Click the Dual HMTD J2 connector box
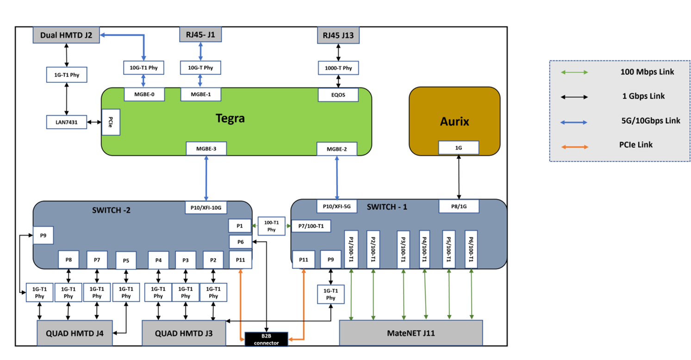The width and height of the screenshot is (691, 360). pyautogui.click(x=66, y=35)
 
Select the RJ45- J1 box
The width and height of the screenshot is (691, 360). pyautogui.click(x=200, y=34)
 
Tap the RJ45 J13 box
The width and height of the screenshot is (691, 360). pyautogui.click(x=338, y=35)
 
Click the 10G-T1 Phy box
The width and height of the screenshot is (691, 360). pyautogui.click(x=143, y=68)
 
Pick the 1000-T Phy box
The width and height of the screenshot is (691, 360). pyautogui.click(x=338, y=68)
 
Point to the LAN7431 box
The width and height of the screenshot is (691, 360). pyautogui.click(x=67, y=122)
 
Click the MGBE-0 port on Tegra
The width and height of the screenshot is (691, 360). pyautogui.click(x=144, y=94)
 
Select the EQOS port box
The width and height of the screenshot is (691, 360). pyautogui.click(x=338, y=95)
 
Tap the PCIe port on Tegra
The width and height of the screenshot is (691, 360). pyautogui.click(x=111, y=122)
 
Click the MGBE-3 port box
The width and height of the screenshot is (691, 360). pyautogui.click(x=206, y=149)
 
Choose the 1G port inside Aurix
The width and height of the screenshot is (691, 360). pyautogui.click(x=459, y=148)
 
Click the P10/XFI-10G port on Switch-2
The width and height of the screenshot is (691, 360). pyautogui.click(x=206, y=208)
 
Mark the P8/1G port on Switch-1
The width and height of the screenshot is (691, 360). pyautogui.click(x=459, y=206)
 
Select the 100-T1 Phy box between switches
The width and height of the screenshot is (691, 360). pyautogui.click(x=272, y=226)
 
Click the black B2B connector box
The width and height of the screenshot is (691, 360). pyautogui.click(x=266, y=339)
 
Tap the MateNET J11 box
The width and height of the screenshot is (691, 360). pyautogui.click(x=411, y=333)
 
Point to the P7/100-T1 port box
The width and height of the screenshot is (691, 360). pyautogui.click(x=311, y=226)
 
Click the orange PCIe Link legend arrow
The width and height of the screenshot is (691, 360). pyautogui.click(x=575, y=147)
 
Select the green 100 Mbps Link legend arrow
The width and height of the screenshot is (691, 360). pyautogui.click(x=574, y=73)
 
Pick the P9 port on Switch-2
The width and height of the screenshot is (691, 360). pyautogui.click(x=43, y=236)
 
